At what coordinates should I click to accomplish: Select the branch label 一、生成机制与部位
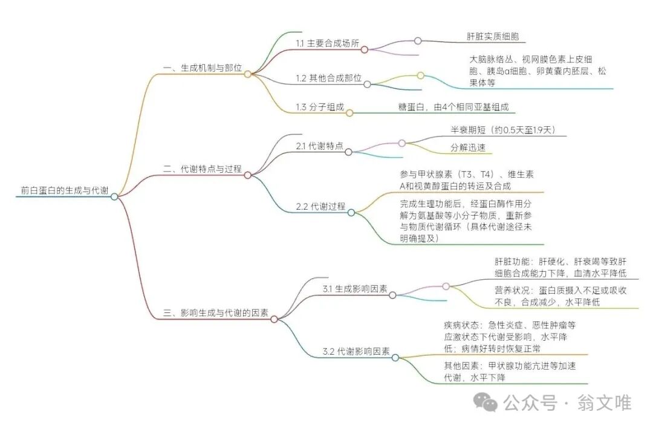(x=203, y=69)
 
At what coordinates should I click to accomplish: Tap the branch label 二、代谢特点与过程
(x=203, y=170)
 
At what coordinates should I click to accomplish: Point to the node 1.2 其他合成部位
(x=329, y=79)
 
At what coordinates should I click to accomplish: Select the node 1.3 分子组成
(x=320, y=107)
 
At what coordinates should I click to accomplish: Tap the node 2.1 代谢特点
(x=320, y=146)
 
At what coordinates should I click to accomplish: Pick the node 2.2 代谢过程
(x=320, y=207)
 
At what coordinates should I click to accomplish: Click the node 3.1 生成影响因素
(x=356, y=289)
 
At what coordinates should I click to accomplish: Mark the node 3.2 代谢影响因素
(x=356, y=351)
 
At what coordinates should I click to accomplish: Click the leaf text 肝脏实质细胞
(x=493, y=37)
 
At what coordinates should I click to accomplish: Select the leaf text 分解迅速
(x=467, y=147)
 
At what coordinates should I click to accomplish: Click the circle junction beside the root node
(x=114, y=196)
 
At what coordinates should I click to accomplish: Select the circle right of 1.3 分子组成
(x=349, y=112)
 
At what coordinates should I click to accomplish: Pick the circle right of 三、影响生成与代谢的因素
(x=274, y=318)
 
